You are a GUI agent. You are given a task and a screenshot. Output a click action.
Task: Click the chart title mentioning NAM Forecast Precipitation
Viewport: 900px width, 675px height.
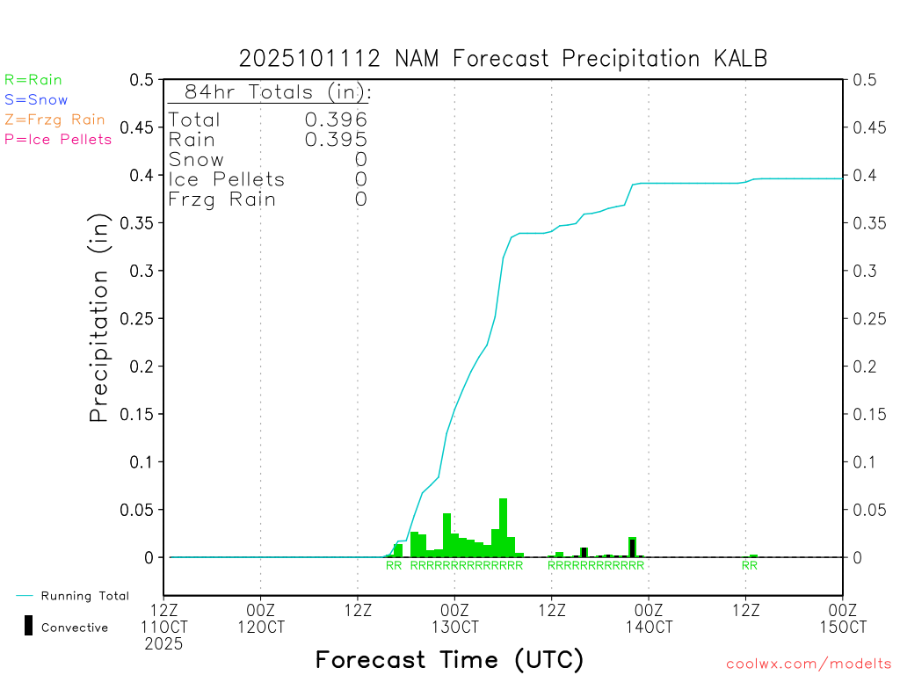503,59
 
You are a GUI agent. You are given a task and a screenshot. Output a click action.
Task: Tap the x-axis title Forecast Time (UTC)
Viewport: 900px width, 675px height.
449,659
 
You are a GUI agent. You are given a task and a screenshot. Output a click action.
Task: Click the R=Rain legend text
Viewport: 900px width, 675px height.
33,80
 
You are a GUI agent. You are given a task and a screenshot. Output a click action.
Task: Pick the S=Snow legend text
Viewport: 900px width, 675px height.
36,100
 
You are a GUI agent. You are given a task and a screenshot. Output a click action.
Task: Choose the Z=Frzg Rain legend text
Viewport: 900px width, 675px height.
54,120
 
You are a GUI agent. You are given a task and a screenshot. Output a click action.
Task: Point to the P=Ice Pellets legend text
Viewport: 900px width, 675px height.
58,139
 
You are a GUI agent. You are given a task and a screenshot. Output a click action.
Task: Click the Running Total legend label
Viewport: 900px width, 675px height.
84,596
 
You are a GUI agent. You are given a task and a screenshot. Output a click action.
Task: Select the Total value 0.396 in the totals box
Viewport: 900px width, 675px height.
335,120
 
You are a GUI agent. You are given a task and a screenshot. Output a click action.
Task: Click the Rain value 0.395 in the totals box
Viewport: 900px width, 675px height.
335,140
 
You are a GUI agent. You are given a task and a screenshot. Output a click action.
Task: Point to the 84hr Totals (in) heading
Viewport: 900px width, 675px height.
270,92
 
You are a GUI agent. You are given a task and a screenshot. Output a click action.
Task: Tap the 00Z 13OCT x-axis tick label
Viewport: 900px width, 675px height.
454,618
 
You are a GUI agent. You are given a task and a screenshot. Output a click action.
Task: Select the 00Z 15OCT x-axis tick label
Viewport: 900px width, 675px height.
842,618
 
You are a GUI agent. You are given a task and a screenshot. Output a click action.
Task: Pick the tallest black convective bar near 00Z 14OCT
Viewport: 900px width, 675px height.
632,548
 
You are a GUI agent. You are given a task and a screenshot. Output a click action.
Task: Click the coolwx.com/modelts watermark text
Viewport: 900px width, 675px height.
809,664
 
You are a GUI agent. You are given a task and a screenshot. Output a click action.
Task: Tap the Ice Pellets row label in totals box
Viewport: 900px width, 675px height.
227,179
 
